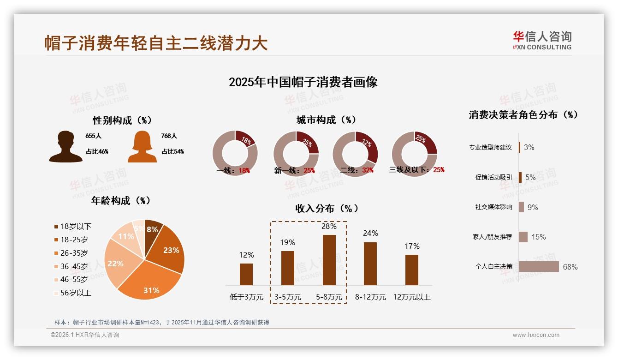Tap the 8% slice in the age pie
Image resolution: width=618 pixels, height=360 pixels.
tap(153, 228)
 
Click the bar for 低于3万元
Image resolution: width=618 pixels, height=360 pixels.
tap(246, 274)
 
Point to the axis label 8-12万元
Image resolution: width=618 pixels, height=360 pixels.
tap(370, 297)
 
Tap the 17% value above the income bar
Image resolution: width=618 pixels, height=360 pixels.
tap(412, 246)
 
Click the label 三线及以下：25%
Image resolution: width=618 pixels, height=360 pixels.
tap(417, 170)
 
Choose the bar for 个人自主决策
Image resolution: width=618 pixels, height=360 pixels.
tap(539, 267)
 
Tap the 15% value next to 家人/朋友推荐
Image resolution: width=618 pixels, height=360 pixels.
tap(538, 237)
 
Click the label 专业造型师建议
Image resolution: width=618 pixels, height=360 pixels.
tap(490, 147)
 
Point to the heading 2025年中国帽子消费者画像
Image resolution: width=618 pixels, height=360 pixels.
tap(303, 82)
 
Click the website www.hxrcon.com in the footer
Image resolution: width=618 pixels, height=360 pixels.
tap(535, 335)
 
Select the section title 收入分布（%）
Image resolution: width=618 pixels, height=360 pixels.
tap(327, 208)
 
